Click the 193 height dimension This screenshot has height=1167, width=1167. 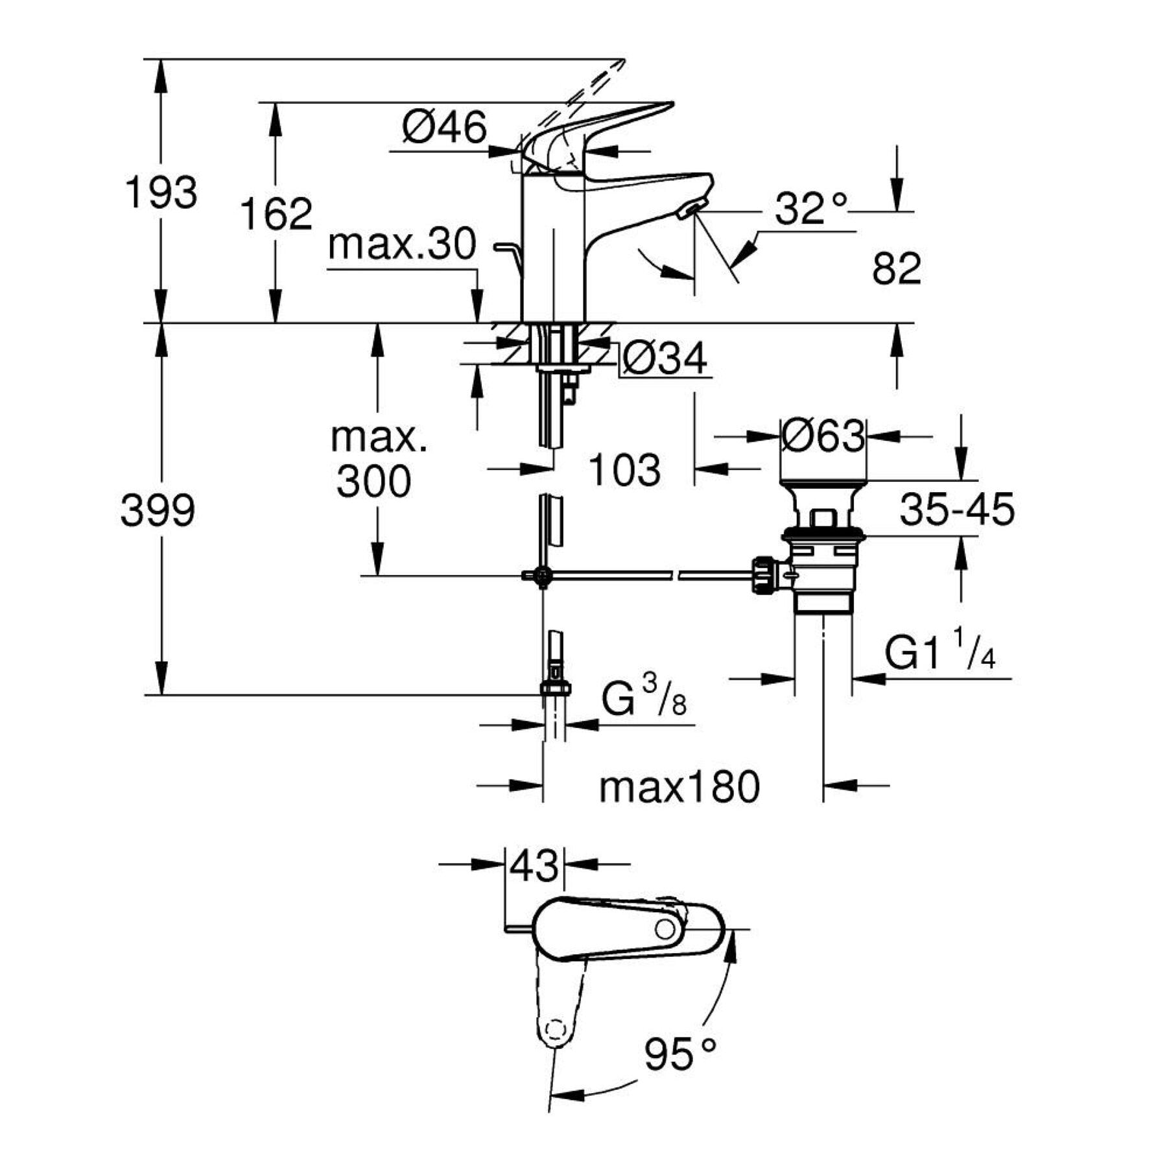161,193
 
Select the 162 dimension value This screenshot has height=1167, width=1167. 277,214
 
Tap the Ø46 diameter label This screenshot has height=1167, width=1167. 444,127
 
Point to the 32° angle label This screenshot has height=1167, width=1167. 811,209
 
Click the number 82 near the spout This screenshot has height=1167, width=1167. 897,268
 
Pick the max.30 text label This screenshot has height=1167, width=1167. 402,245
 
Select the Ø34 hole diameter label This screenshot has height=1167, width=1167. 665,359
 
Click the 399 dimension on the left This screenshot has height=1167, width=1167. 158,510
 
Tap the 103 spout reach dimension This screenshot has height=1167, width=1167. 624,470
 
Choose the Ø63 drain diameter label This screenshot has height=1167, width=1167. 823,437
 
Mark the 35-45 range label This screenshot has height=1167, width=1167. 957,509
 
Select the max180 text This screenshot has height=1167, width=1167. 679,788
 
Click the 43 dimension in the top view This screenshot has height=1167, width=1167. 534,866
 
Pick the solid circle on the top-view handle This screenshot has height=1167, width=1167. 665,929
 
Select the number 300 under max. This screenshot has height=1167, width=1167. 374,482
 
